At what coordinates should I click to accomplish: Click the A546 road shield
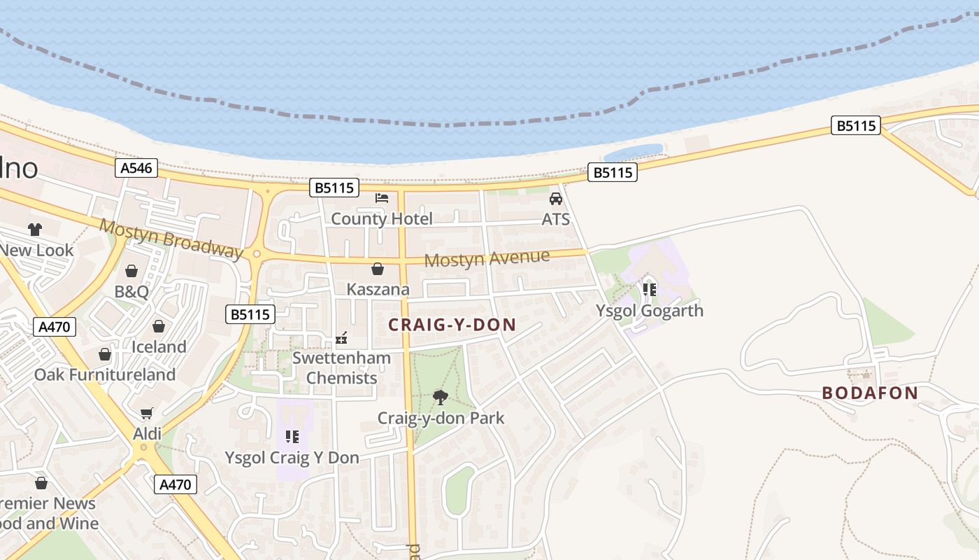(137, 168)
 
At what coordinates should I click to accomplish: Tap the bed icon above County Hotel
(382, 198)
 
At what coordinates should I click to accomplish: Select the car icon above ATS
(556, 199)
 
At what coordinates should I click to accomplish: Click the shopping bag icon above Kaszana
(378, 269)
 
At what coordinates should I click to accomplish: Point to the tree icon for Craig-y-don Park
(441, 398)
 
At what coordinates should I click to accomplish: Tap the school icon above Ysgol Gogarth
(649, 289)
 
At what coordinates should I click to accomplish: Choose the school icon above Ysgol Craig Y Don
(292, 437)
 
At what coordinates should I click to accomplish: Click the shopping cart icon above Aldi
(146, 414)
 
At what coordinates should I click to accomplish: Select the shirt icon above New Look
(34, 229)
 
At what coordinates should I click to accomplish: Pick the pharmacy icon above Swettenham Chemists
(341, 338)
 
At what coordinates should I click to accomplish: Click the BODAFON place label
(870, 393)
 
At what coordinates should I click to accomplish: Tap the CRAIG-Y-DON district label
(452, 325)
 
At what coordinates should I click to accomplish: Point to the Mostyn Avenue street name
(487, 259)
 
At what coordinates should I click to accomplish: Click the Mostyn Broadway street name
(171, 238)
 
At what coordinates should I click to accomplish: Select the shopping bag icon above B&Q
(131, 271)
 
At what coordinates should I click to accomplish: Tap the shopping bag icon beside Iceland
(159, 326)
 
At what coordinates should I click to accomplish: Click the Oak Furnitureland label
(105, 374)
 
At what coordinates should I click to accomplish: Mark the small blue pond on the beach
(633, 152)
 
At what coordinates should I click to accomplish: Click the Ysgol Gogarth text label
(649, 311)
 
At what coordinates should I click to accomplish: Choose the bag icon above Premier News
(41, 483)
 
